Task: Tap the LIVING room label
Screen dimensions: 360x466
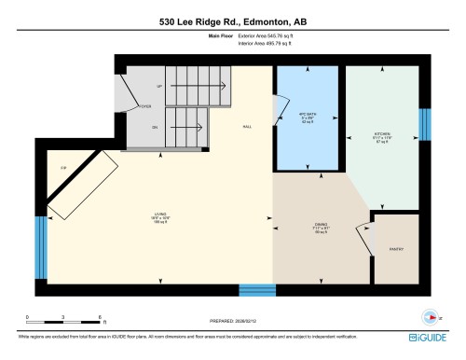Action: coord(160,215)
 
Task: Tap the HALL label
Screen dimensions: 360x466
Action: coord(247,126)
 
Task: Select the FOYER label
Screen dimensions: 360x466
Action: coord(145,106)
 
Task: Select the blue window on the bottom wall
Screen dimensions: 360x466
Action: coord(257,289)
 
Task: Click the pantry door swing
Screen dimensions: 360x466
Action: coord(363,234)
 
